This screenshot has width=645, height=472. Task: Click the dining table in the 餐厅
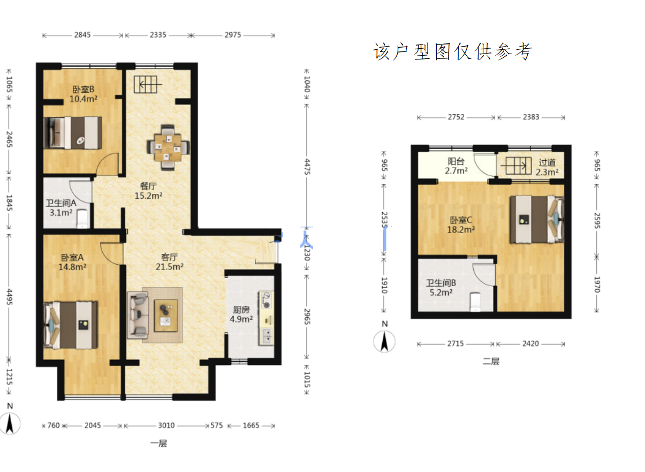pyautogui.click(x=168, y=147)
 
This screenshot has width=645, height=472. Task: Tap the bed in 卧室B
pyautogui.click(x=73, y=132)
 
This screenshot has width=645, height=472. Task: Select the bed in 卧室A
pyautogui.click(x=71, y=325)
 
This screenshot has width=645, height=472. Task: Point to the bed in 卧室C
pyautogui.click(x=537, y=220)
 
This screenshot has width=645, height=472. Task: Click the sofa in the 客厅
pyautogui.click(x=138, y=314)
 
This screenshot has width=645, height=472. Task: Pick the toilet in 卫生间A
pyautogui.click(x=82, y=219)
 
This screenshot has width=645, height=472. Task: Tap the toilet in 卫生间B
pyautogui.click(x=475, y=302)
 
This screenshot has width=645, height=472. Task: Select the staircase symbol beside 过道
pyautogui.click(x=516, y=166)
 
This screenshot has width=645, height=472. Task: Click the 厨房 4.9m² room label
pyautogui.click(x=241, y=314)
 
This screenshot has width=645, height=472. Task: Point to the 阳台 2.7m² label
pyautogui.click(x=456, y=166)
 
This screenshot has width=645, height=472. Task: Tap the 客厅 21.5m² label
pyautogui.click(x=170, y=261)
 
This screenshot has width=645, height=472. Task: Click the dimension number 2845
pyautogui.click(x=82, y=35)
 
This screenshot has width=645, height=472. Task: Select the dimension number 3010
pyautogui.click(x=166, y=425)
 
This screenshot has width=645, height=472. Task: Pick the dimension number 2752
pyautogui.click(x=456, y=117)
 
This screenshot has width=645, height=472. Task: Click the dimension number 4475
pyautogui.click(x=307, y=167)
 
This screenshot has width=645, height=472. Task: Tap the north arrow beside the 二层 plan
pyautogui.click(x=384, y=342)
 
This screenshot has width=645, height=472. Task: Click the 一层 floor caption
pyautogui.click(x=158, y=443)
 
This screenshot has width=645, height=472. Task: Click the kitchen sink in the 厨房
pyautogui.click(x=267, y=336)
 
